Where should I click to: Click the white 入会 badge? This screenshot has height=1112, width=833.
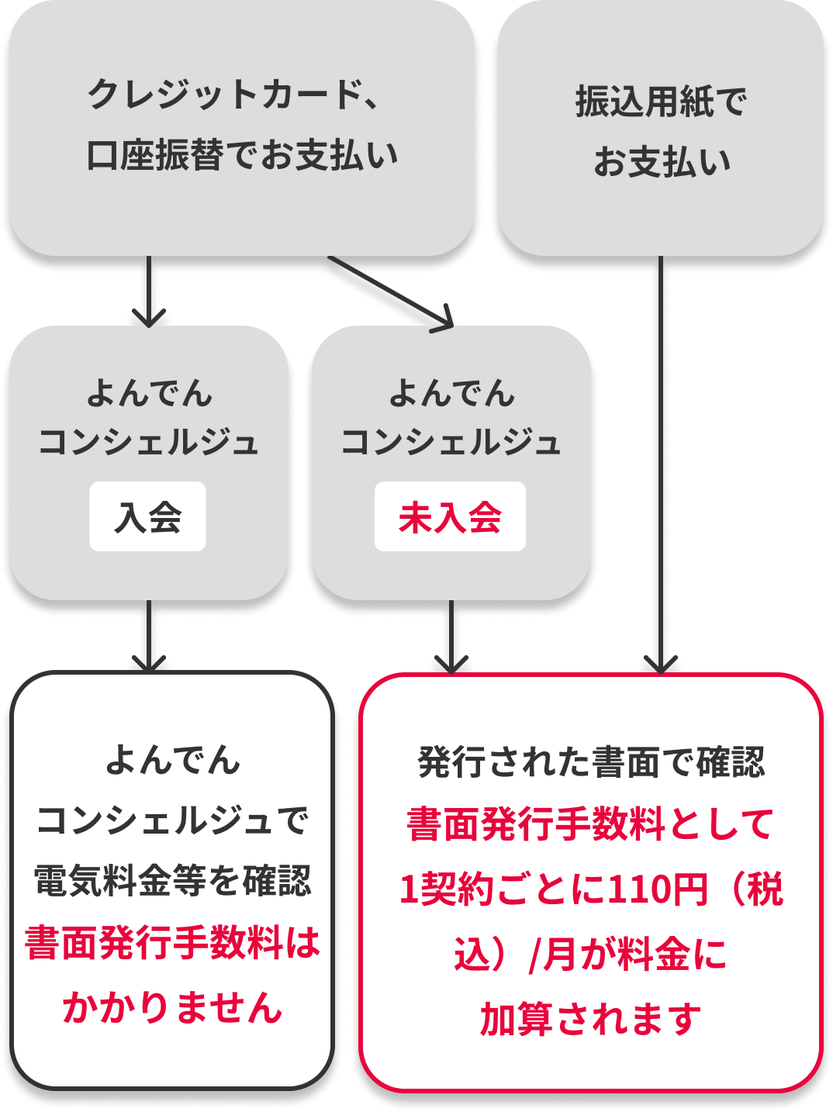tap(147, 517)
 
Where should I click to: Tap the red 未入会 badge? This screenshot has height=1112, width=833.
tap(450, 517)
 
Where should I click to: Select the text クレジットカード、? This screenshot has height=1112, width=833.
tap(233, 95)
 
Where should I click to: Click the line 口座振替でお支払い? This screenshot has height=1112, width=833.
tap(242, 156)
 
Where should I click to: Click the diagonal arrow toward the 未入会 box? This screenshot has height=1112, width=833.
tap(388, 292)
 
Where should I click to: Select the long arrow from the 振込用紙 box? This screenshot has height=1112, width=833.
tap(660, 465)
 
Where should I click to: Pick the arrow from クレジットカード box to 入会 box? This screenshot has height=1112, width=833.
tap(149, 290)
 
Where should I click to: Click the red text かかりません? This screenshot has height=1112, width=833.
tap(172, 1007)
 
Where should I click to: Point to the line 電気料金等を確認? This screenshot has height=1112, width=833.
tap(172, 882)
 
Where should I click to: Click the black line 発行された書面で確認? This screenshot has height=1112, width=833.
tap(591, 762)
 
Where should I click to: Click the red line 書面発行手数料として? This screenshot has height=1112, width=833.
tap(591, 824)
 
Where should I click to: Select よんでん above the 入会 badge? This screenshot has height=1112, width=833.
tap(149, 393)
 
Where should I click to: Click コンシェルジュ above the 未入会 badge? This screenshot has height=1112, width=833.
tap(451, 443)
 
